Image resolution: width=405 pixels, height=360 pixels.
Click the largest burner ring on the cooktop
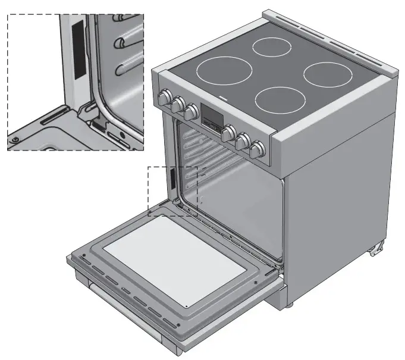(x=224, y=70)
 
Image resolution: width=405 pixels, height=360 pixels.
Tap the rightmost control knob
(x=257, y=149)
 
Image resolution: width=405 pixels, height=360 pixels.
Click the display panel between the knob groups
(x=211, y=117)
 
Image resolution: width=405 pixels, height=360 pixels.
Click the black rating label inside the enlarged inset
(x=76, y=48)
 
